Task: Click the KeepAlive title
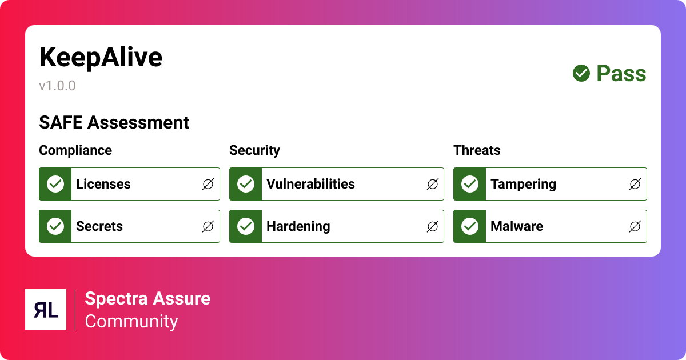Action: tap(101, 58)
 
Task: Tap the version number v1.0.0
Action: tap(57, 86)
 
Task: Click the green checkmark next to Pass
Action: tap(581, 73)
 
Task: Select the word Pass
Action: tap(621, 74)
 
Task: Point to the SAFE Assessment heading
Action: tap(114, 122)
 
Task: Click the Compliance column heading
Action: tap(75, 150)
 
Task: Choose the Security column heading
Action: tap(254, 150)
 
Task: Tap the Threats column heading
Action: tap(477, 150)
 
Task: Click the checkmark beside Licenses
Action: tap(55, 184)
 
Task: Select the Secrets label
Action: tap(99, 226)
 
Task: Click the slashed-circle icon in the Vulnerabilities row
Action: tap(433, 184)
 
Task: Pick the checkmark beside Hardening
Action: tap(246, 226)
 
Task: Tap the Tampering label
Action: tap(523, 184)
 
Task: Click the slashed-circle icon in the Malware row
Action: tap(635, 226)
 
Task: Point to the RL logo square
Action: tap(46, 310)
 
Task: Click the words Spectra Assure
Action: tap(147, 298)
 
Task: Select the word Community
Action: tap(131, 321)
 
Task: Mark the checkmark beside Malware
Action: tap(470, 226)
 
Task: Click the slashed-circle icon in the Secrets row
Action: tap(208, 226)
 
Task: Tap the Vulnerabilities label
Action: tap(310, 184)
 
